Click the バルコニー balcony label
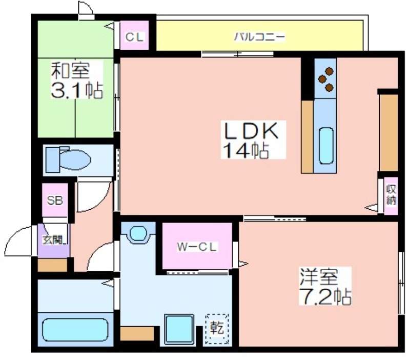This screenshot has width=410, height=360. tap(259, 37)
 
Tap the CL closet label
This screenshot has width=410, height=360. tap(134, 37)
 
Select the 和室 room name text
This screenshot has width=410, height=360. tap(70, 70)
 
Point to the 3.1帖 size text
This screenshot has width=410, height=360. tap(77, 90)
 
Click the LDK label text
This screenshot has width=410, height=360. tap(250, 131)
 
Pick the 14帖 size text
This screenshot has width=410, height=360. tap(246, 150)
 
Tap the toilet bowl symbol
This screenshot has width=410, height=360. tap(69, 159)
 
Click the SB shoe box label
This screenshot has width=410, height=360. tap(55, 201)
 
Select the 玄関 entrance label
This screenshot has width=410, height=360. tap(54, 240)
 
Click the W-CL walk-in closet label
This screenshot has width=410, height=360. tap(197, 247)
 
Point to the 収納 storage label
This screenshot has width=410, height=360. tap(391, 195)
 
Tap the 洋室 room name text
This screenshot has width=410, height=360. tap(319, 276)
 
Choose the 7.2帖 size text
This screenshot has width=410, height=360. tap(325, 297)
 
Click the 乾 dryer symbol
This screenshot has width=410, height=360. tap(217, 329)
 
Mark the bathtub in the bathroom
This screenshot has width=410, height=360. tap(75, 330)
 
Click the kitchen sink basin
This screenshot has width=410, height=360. tap(326, 146)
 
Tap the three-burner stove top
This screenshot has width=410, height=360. tap(325, 78)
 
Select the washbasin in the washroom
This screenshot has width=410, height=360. tap(138, 233)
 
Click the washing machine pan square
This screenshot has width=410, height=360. tap(179, 329)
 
